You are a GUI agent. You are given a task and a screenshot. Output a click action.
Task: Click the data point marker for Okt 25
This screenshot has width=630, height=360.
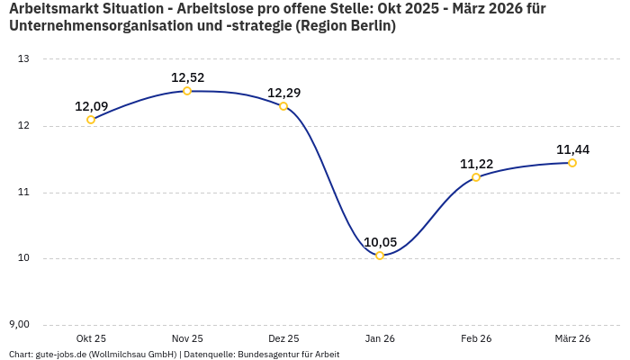point(91,120)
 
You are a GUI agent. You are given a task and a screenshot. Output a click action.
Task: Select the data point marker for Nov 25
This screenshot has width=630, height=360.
point(187,91)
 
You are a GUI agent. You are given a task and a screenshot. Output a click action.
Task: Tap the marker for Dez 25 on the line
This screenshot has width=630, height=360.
point(283,106)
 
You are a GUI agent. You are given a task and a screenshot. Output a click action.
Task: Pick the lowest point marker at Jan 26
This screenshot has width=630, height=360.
point(380,256)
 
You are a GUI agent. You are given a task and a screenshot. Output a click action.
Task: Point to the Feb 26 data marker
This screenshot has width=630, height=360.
point(476,177)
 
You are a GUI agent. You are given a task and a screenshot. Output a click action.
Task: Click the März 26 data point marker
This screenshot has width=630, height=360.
point(572,163)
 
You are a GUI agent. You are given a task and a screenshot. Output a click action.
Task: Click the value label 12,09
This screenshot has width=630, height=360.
point(91,106)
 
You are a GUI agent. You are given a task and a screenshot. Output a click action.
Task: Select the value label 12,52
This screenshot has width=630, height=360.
point(187,77)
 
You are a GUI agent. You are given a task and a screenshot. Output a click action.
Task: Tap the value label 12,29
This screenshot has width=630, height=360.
point(283,93)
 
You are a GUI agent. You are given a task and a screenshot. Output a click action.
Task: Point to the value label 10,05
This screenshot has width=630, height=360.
point(380,242)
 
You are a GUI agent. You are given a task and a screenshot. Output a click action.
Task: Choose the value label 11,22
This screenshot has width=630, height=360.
point(476,164)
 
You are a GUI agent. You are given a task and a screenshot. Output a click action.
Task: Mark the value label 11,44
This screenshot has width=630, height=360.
point(572,149)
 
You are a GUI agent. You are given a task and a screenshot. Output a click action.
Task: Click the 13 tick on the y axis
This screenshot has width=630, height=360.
point(24,59)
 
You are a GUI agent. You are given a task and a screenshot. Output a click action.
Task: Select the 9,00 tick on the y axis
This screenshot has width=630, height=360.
point(19,325)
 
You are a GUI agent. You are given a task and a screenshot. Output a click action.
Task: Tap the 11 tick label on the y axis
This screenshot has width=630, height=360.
point(24,193)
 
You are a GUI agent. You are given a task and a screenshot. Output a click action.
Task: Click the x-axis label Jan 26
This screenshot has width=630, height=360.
point(380,338)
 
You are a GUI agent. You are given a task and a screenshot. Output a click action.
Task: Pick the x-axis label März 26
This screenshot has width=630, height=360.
point(572,338)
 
